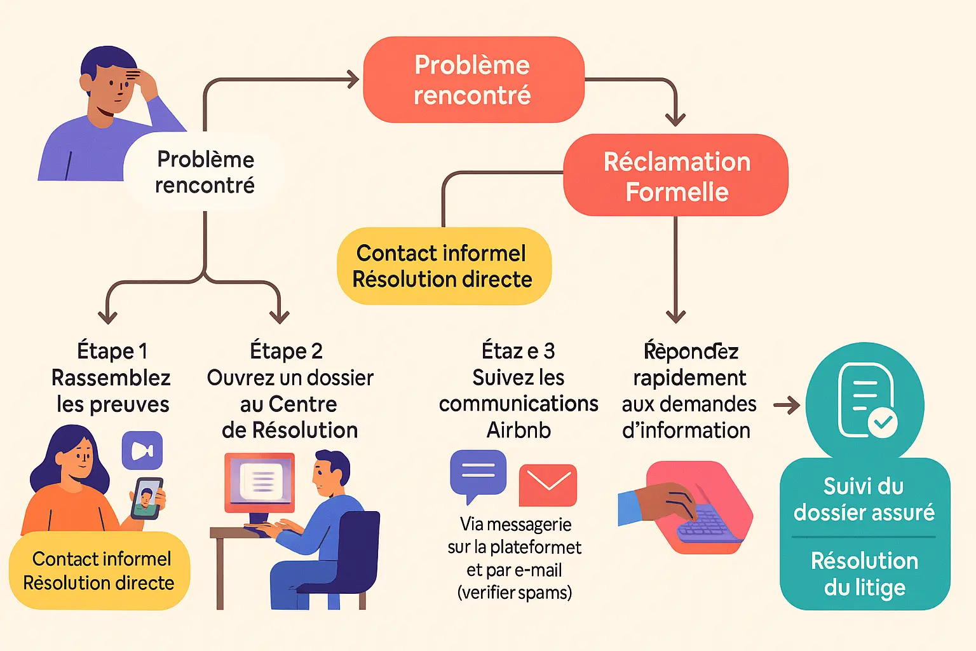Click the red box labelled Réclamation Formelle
point(675,175)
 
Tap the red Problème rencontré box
point(473,80)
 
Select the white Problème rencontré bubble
point(205,172)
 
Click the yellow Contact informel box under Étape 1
point(99,570)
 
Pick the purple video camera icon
point(142,451)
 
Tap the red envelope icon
point(548,485)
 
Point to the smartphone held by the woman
point(147,498)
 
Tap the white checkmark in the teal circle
point(883,421)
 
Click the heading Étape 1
point(112,351)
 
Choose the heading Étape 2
point(286,351)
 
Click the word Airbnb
point(518,430)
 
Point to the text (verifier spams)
point(515,593)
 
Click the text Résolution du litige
point(864,574)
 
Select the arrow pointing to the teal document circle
point(787,405)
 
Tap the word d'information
point(686,430)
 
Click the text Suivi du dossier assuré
point(864,499)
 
